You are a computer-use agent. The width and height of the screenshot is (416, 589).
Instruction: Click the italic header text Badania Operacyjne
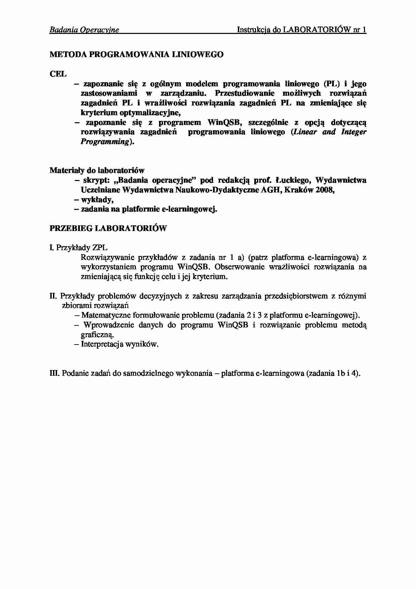click(x=84, y=30)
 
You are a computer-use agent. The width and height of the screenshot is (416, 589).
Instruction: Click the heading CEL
click(x=58, y=74)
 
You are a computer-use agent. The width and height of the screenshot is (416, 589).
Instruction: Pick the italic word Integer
click(x=354, y=132)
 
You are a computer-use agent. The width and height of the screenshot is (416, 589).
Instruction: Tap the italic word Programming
click(x=105, y=142)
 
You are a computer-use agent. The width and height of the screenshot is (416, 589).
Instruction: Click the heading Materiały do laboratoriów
click(x=97, y=171)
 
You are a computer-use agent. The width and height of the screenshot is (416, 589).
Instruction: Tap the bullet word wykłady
click(x=97, y=200)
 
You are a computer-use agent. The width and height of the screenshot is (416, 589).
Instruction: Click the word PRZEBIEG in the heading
click(x=71, y=229)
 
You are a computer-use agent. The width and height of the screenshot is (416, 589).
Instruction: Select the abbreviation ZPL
click(x=100, y=248)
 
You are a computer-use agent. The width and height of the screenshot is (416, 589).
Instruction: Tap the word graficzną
click(x=97, y=335)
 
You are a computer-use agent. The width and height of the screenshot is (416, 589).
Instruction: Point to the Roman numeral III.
click(x=54, y=373)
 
